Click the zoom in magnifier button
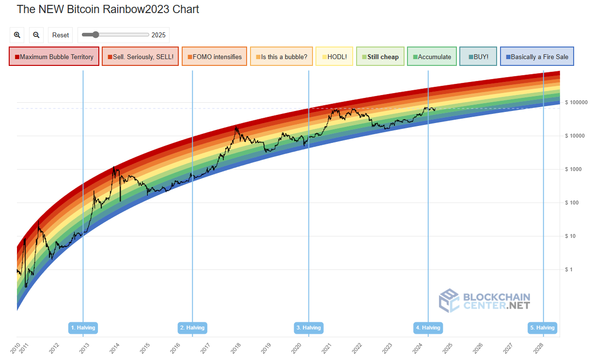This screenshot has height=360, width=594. tap(17, 35)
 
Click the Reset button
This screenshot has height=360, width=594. tap(61, 35)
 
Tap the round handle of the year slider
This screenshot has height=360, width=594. tap(95, 34)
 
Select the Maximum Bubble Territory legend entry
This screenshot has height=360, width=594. tap(54, 57)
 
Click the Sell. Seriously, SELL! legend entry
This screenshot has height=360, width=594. tap(141, 57)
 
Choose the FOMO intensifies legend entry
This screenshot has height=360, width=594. tap(214, 57)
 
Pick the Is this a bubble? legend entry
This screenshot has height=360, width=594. tap(281, 57)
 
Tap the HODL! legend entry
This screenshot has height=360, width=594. tap(334, 57)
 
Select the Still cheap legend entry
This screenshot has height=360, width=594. tap(380, 57)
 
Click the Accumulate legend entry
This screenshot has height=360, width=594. tap(432, 57)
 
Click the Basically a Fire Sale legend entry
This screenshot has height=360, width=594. tap(537, 57)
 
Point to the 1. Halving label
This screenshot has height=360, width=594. tap(83, 328)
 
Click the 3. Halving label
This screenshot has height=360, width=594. tap(309, 328)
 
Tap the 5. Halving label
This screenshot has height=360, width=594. tap(542, 328)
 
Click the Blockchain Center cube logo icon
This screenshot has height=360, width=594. tap(449, 300)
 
